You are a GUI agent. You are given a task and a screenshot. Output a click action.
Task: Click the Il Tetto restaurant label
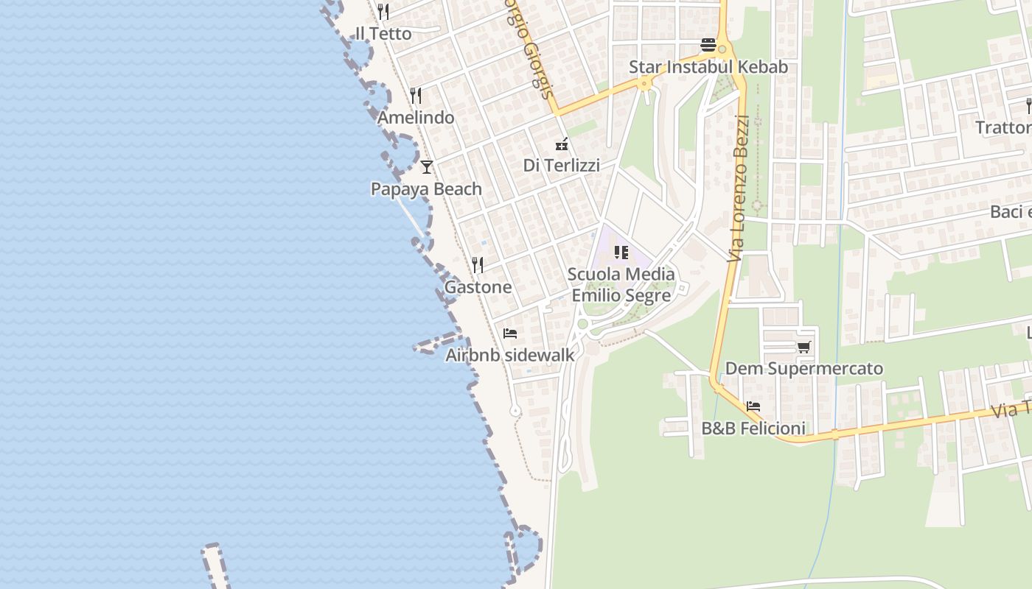click(x=383, y=34)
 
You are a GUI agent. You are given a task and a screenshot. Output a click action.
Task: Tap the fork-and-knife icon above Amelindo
click(x=416, y=96)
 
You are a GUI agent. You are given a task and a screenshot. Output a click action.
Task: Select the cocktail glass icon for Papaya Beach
click(x=426, y=167)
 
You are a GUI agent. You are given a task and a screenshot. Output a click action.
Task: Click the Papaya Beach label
click(x=426, y=189)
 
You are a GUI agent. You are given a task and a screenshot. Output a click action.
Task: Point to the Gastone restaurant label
click(x=478, y=287)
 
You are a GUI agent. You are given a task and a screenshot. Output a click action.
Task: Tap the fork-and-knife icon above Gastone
click(x=478, y=265)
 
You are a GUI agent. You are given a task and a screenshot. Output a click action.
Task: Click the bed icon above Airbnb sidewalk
click(x=510, y=334)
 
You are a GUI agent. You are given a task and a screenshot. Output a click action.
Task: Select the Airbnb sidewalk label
click(x=510, y=355)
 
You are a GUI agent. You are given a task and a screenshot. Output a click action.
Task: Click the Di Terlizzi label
click(x=562, y=166)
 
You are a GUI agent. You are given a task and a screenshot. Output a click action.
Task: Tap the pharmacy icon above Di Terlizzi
click(x=562, y=144)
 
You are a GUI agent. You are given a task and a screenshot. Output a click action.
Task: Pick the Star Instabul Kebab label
click(x=708, y=67)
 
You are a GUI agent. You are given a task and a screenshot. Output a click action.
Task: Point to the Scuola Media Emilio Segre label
click(x=621, y=285)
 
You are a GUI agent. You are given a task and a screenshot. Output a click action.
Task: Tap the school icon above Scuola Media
click(x=621, y=253)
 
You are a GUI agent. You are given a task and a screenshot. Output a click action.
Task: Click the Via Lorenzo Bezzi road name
click(x=739, y=188)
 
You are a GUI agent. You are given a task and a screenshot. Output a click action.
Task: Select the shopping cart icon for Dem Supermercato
click(x=803, y=347)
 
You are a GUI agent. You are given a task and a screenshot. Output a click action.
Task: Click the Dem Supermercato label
click(x=804, y=368)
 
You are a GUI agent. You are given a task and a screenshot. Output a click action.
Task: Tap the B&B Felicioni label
click(x=753, y=428)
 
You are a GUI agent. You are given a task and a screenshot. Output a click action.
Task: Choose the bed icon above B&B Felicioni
click(x=753, y=406)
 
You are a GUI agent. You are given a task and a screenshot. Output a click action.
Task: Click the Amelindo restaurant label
click(x=416, y=118)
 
